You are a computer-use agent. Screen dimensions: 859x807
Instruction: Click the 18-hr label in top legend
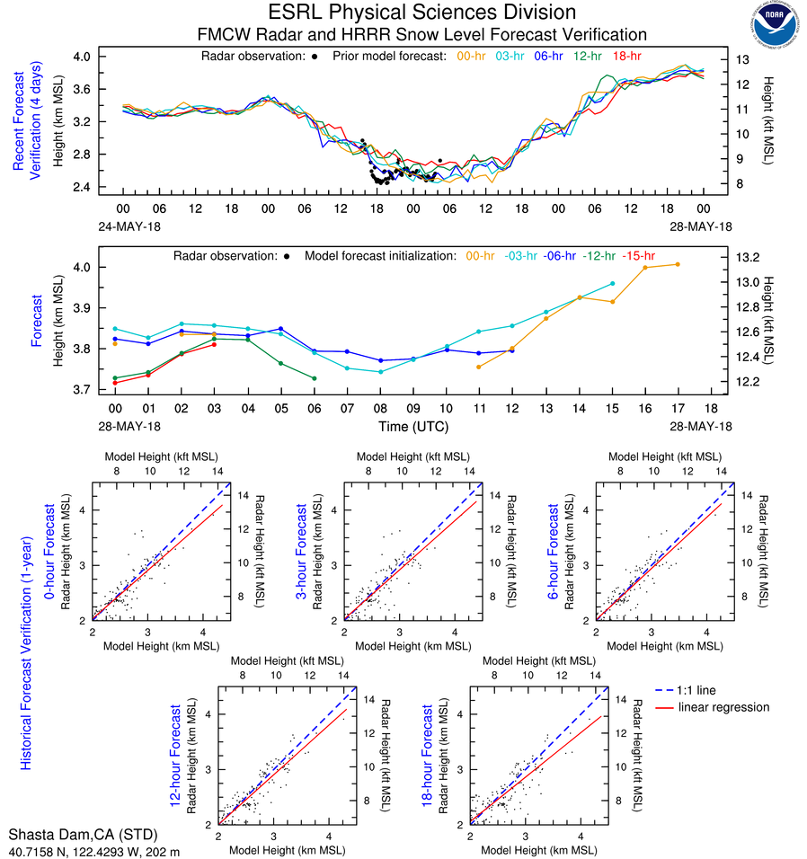pos(625,56)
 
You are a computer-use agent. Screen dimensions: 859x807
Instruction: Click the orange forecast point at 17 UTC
pos(678,264)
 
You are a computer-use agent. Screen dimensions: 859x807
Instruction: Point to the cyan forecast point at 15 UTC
pos(612,283)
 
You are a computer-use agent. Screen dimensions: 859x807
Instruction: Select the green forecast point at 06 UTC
pos(315,378)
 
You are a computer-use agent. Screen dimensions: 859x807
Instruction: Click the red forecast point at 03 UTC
pos(214,345)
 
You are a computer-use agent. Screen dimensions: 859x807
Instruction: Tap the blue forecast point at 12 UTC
pos(512,350)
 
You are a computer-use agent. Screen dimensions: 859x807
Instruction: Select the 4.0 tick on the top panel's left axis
pos(82,56)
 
